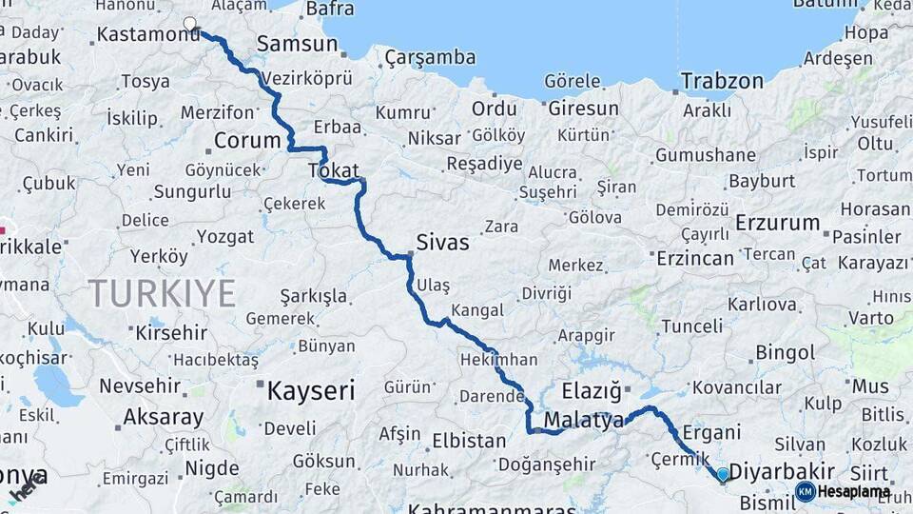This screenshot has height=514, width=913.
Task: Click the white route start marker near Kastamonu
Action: [190, 24]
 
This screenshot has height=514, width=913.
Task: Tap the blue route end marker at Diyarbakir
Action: [723, 474]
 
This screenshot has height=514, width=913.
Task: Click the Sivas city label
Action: [442, 243]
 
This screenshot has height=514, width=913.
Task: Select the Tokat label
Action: [333, 171]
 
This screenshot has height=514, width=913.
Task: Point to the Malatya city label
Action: [584, 420]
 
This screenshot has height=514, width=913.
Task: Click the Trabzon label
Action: [721, 81]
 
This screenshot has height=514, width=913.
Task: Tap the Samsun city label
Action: [297, 44]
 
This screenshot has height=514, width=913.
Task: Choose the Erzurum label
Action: [777, 223]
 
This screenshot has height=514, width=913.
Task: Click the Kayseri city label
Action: [310, 390]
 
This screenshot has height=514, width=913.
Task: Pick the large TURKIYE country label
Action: [162, 293]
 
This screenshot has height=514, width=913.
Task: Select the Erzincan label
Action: [695, 258]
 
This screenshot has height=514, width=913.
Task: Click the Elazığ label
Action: [591, 390]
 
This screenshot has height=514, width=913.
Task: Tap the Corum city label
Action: [247, 141]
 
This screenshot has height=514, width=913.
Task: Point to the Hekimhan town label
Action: [497, 360]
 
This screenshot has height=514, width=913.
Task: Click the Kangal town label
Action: [476, 310]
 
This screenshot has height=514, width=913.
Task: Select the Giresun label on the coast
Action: [583, 109]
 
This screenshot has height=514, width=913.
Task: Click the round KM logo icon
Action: [805, 491]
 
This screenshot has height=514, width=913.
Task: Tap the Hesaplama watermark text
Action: [854, 492]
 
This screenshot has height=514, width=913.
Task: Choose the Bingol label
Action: [785, 353]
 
